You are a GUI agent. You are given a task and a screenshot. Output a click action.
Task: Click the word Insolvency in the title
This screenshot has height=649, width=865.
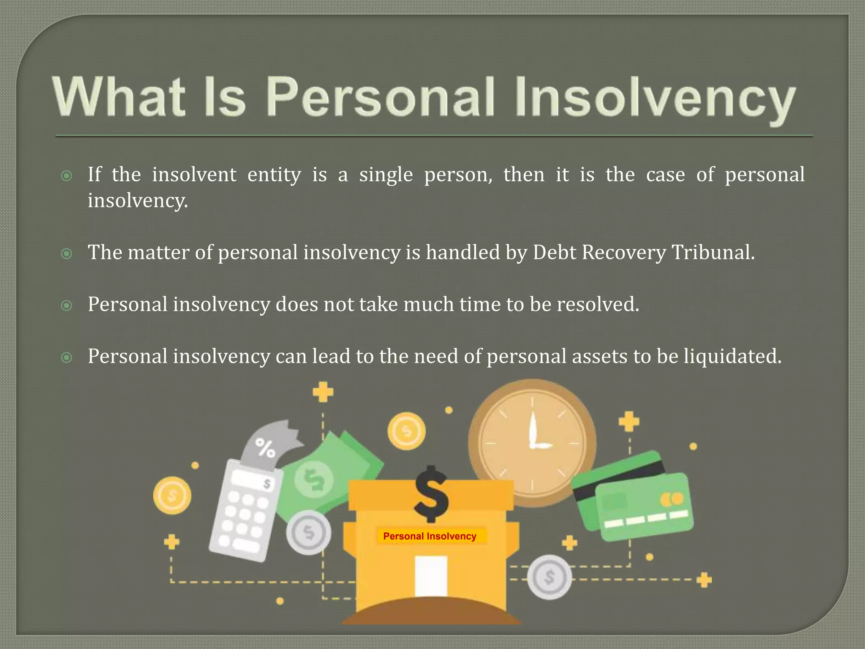click(x=655, y=98)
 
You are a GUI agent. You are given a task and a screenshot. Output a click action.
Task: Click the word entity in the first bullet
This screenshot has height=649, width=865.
click(x=274, y=175)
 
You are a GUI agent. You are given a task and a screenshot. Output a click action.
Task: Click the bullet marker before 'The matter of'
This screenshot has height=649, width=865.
click(x=67, y=254)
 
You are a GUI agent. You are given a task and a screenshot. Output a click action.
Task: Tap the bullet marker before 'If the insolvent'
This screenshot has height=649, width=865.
click(x=67, y=176)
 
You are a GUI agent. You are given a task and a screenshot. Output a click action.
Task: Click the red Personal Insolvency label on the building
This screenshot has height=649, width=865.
click(x=430, y=536)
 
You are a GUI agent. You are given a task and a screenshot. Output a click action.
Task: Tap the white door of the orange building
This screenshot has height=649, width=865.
click(x=431, y=575)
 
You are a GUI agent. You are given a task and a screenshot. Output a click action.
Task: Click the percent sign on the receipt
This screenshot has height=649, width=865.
click(x=266, y=448)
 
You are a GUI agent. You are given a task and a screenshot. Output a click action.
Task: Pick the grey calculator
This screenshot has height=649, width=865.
click(x=245, y=511)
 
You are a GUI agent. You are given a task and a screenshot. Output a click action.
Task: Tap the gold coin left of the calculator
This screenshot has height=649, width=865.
click(x=172, y=495)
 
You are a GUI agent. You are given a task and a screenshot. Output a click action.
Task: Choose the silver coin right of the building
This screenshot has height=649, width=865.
click(x=549, y=577)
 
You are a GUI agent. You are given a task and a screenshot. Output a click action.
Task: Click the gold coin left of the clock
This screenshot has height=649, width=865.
click(x=406, y=431)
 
